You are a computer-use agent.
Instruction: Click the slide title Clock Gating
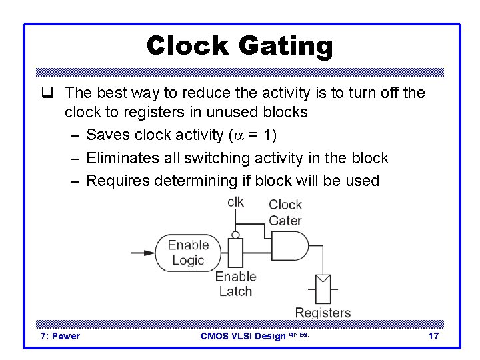239,46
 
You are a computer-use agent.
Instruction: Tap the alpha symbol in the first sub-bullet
237,136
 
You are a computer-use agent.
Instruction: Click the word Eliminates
124,159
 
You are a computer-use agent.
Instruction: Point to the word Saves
108,135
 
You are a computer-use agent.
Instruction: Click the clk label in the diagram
235,202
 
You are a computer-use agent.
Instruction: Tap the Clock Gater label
285,212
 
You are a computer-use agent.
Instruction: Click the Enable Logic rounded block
187,253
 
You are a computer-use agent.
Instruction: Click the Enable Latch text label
235,283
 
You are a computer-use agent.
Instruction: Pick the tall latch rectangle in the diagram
235,253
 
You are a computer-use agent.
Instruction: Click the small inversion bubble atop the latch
235,234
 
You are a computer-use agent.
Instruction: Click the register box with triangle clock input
323,289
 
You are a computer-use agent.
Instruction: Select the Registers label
323,313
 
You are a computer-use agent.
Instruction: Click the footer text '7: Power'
60,336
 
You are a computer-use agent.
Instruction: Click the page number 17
433,336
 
